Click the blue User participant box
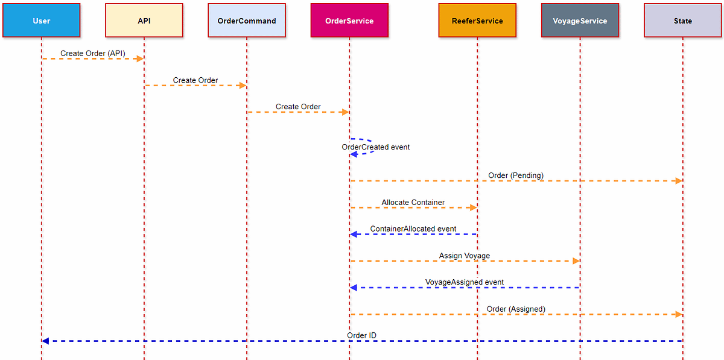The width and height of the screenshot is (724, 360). [41, 21]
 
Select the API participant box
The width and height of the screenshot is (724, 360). [144, 21]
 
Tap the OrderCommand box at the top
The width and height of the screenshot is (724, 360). [246, 21]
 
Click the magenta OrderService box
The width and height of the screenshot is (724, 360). [349, 21]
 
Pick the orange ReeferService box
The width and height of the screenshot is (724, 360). [477, 21]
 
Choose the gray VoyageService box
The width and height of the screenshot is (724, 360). [580, 21]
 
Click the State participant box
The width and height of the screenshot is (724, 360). [683, 21]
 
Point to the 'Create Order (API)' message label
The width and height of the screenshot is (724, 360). [93, 53]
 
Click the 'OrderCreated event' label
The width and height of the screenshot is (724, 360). [376, 147]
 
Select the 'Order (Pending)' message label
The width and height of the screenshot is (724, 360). [516, 175]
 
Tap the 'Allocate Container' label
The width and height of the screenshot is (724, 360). [413, 202]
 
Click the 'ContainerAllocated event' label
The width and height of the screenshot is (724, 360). [413, 229]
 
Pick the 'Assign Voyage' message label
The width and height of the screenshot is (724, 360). [465, 256]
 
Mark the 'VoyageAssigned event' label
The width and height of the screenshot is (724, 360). [465, 282]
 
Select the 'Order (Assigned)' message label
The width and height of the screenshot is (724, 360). [516, 309]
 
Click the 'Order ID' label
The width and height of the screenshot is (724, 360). [362, 335]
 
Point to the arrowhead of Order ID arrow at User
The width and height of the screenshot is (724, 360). [45, 341]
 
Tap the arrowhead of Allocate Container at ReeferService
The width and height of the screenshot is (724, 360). [473, 207]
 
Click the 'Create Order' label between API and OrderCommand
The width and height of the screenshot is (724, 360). [195, 80]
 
